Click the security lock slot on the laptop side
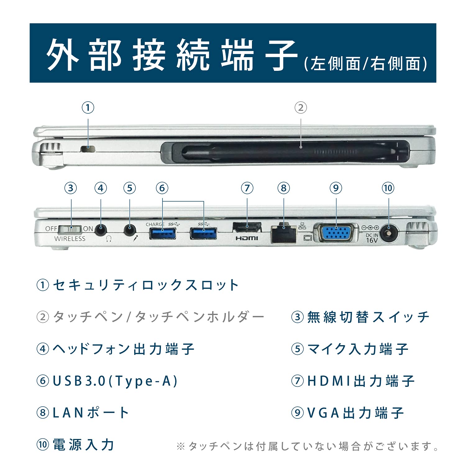coord(88,149)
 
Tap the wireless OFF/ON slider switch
coord(71,229)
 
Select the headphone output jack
coord(100,230)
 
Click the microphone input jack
coord(130,230)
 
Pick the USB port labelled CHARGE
coord(162,233)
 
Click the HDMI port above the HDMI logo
coord(247,227)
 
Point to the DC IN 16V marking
coord(372,238)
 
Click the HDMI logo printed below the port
coord(247,238)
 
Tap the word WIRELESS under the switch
coord(70,239)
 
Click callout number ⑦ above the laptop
coord(247,188)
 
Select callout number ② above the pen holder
coord(300,108)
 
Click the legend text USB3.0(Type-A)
coord(115,381)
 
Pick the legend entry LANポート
coord(90,413)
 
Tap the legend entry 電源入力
coord(83,445)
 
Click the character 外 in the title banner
coord(62,55)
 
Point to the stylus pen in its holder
coord(280,152)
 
